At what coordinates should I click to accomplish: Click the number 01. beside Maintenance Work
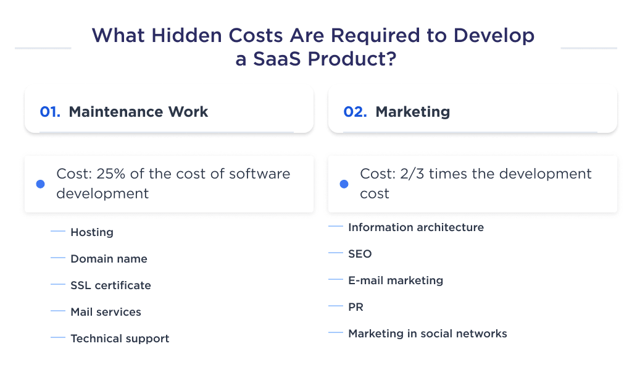point(50,112)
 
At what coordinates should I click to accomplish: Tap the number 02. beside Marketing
point(355,112)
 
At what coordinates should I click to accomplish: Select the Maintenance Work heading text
point(138,112)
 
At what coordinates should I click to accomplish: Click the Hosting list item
point(92,232)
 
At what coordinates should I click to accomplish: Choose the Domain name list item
point(109,259)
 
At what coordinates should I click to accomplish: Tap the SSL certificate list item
point(110,285)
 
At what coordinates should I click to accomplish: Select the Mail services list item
point(106,312)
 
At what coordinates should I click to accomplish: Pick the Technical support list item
point(120,339)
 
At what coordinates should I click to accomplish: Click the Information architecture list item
point(416,227)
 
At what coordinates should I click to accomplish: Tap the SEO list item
point(360,254)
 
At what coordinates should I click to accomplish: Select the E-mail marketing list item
point(396,280)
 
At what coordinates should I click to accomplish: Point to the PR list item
point(355,307)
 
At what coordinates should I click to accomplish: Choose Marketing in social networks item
point(428,334)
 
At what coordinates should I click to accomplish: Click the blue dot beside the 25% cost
point(41,184)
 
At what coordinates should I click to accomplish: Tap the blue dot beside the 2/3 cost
point(344,184)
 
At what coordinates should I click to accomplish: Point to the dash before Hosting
point(58,232)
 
